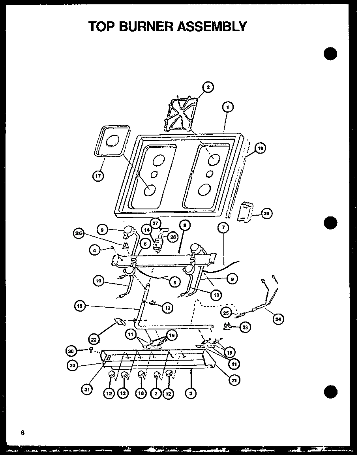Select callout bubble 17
coord(98,176)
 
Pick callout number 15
coord(81,305)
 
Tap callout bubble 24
coord(279,320)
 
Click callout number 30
coord(71,350)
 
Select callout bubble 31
coord(87,390)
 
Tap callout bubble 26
coord(79,233)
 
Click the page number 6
coord(23,432)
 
